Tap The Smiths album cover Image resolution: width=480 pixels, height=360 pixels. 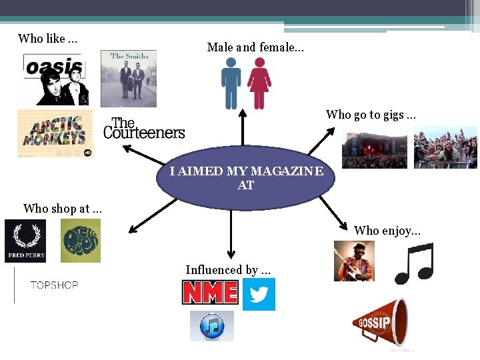coord(129,78)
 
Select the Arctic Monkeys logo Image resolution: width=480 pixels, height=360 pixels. coord(55,133)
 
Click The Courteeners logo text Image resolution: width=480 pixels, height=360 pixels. coord(144,129)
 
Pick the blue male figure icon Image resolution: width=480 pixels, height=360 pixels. coord(231,83)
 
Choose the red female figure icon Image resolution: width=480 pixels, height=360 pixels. coord(259,83)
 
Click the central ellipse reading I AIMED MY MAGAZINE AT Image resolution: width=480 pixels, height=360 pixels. coord(245,178)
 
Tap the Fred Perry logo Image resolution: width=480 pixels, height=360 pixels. coord(25,241)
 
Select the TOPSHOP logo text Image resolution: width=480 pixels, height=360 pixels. coord(54,285)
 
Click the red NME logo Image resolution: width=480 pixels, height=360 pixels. coord(210,292)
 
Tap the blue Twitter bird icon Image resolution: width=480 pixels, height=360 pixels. coord(259,294)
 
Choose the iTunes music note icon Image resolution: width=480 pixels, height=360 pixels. coord(212,326)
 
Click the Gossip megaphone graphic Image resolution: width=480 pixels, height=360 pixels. coord(380,323)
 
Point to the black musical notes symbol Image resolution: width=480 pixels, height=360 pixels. coord(414,263)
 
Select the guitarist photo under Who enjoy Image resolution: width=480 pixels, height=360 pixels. coord(354,261)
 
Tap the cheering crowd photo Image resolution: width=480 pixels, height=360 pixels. coord(445,147)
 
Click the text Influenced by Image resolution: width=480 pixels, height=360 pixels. coord(228,270)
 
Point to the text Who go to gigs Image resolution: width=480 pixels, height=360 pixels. coord(371,115)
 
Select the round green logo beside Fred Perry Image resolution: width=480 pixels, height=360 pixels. coord(81,241)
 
